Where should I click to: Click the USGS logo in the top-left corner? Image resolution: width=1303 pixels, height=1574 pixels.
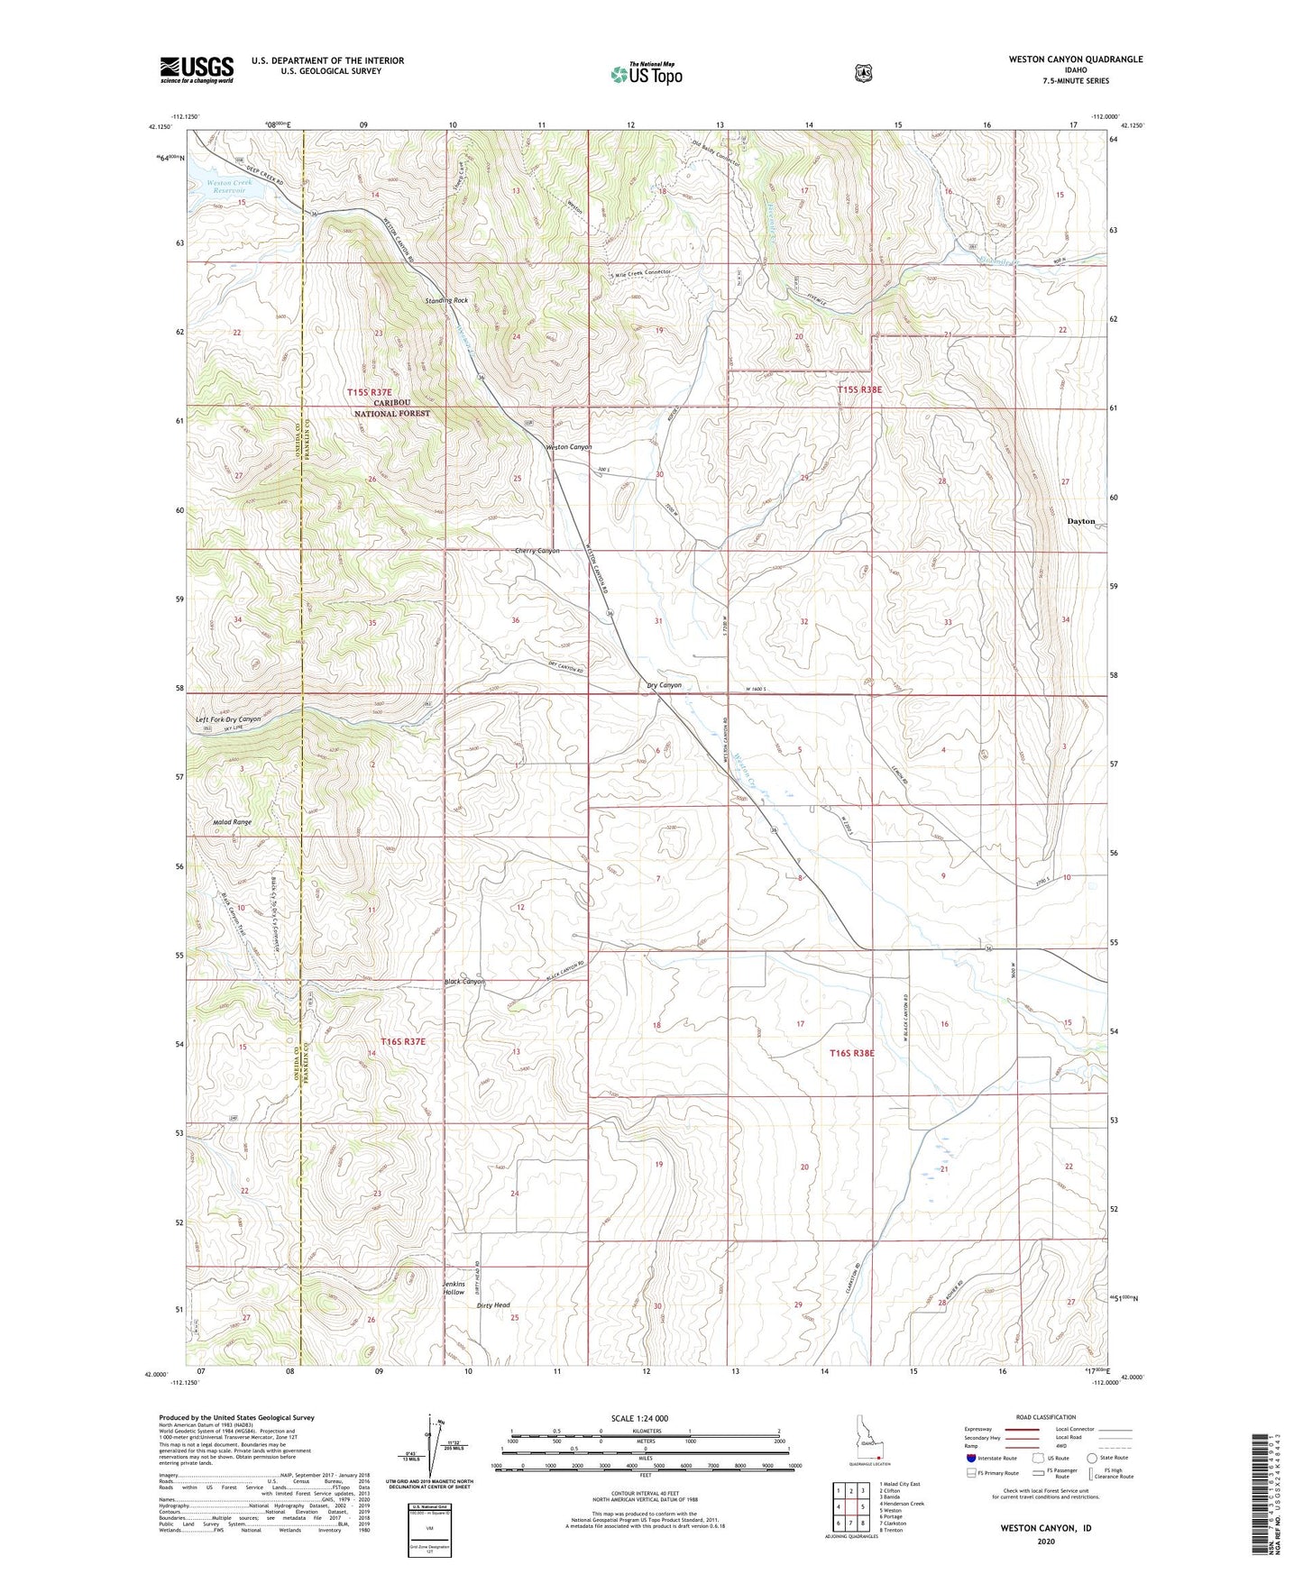197,69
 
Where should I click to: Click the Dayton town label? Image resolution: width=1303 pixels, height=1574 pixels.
1080,521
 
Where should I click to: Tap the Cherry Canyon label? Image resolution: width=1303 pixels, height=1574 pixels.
537,551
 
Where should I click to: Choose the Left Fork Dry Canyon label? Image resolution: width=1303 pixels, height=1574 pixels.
228,719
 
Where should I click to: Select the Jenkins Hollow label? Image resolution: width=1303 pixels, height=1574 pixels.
454,1287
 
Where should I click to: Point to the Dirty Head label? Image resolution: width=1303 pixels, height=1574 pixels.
493,1304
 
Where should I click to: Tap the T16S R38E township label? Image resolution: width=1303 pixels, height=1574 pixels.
852,1053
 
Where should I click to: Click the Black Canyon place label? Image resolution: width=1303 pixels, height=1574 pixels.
464,982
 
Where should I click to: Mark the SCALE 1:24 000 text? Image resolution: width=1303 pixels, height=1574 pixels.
639,1418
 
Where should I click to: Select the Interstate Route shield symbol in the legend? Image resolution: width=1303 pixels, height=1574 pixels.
970,1458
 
